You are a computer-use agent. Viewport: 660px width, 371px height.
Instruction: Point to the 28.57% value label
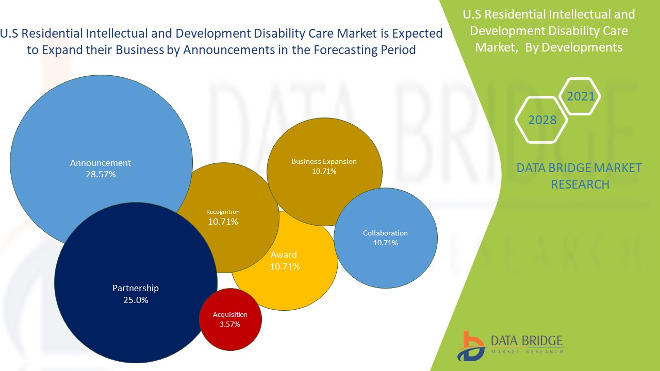tap(101, 174)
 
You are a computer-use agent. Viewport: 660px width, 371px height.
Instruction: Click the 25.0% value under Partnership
tap(136, 300)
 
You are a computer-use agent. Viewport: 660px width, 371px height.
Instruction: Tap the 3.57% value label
tap(230, 324)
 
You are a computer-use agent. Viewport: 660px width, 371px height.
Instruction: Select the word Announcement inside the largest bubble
tap(101, 163)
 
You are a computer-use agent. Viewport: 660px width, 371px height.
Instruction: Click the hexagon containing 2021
tap(580, 96)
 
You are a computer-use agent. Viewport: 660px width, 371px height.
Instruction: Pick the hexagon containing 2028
tap(542, 120)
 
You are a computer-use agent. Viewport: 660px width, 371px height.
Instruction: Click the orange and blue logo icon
tap(470, 346)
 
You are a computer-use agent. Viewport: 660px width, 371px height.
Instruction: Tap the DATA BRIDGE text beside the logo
tap(527, 341)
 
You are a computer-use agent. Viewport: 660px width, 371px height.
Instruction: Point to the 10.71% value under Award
tap(285, 266)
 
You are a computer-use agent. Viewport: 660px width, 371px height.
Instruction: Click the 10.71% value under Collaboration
tap(385, 243)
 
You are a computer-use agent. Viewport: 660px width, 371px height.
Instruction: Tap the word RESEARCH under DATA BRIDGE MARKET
tap(580, 184)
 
